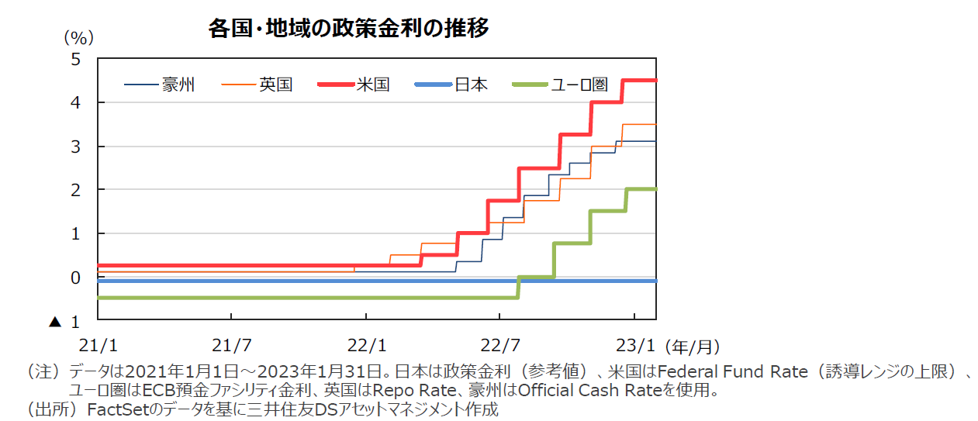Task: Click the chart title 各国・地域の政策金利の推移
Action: (x=348, y=29)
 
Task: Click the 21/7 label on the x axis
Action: (x=231, y=343)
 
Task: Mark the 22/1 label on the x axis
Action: (x=366, y=343)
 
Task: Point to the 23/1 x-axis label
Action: (x=635, y=343)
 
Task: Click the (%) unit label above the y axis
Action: (x=78, y=36)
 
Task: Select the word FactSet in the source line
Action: (x=116, y=409)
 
